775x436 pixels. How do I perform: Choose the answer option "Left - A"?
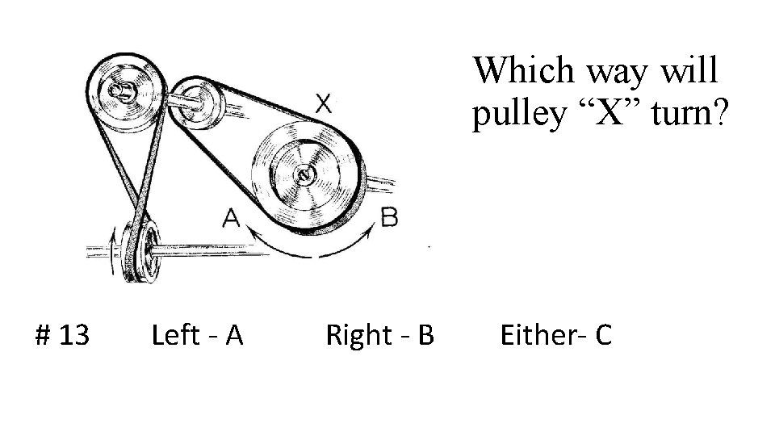pyautogui.click(x=198, y=333)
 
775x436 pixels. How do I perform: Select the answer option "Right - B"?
pyautogui.click(x=379, y=333)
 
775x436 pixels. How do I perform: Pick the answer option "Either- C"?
pyautogui.click(x=556, y=333)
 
